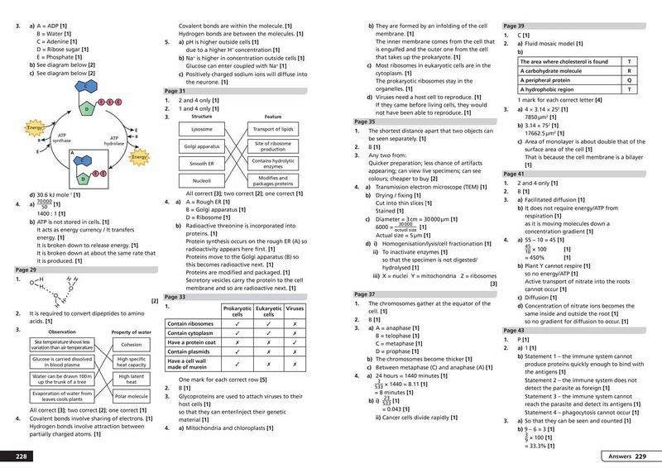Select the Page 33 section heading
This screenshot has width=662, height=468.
coord(176,296)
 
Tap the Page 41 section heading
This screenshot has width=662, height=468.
coord(516,174)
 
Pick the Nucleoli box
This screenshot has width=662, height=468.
coord(201,179)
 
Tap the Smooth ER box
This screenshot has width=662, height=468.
coord(201,163)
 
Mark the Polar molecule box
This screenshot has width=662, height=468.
coord(130,396)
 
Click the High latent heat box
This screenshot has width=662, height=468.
coord(130,378)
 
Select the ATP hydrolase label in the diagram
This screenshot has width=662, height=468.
coord(116,141)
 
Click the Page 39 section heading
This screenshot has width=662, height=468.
coord(516,26)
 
